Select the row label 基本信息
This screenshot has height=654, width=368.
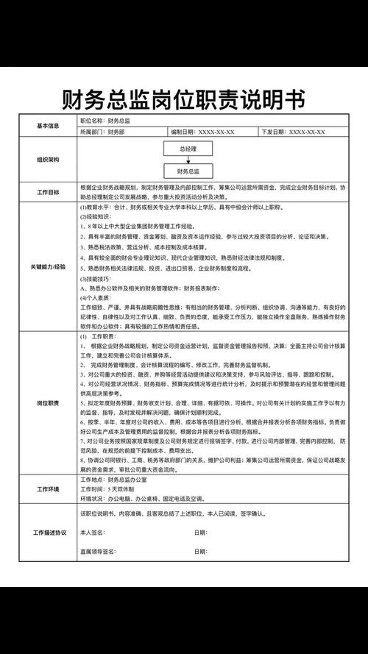48,126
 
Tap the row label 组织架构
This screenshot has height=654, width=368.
48,160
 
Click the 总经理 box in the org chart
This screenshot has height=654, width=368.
188,148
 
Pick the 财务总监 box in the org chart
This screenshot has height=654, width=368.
188,171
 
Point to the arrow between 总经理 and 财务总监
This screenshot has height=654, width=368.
188,160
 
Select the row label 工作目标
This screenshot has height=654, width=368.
48,192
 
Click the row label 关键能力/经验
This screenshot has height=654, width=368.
48,266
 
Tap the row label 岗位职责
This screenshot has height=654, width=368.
48,403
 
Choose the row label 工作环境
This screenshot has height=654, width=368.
48,488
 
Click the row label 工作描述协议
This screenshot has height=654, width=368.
48,532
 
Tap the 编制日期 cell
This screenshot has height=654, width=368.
203,132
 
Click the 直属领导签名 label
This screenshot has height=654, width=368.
99,551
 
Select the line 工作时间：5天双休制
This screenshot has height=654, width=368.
108,488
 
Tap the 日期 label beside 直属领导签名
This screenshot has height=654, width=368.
200,551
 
